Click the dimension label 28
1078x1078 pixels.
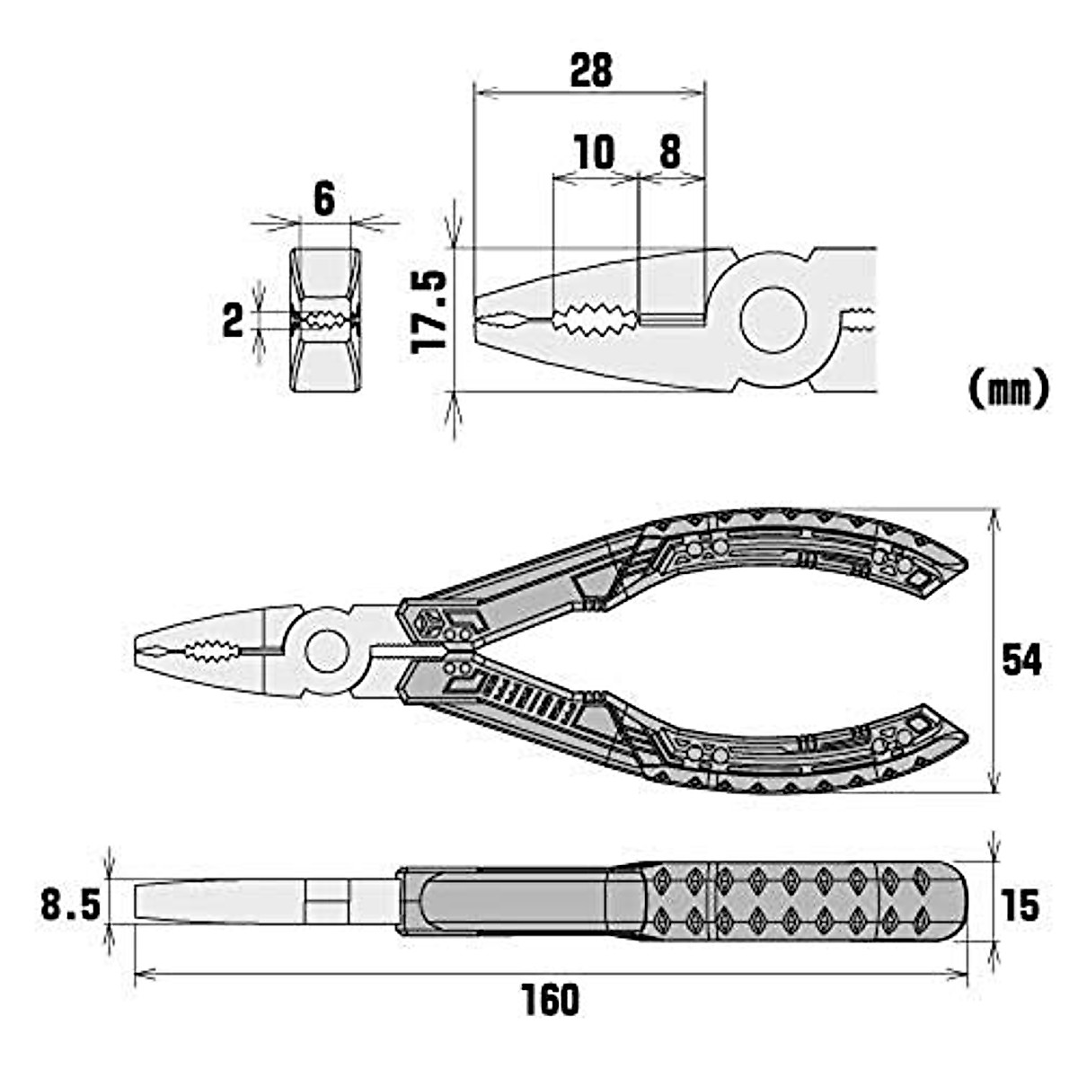coord(590,70)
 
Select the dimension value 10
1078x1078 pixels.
coord(594,153)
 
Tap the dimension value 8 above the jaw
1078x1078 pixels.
coord(669,153)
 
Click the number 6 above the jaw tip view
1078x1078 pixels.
coord(323,199)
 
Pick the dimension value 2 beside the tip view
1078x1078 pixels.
coord(233,321)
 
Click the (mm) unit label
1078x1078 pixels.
coord(1008,390)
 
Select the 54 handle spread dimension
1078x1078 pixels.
coord(1021,660)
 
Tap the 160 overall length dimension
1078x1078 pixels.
coord(550,999)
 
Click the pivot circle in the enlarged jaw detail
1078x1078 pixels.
coord(773,320)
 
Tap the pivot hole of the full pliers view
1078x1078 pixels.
coord(326,651)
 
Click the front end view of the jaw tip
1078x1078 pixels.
coord(323,320)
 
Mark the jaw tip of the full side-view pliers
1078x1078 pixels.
coord(138,650)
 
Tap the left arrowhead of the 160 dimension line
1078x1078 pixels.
coord(140,973)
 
